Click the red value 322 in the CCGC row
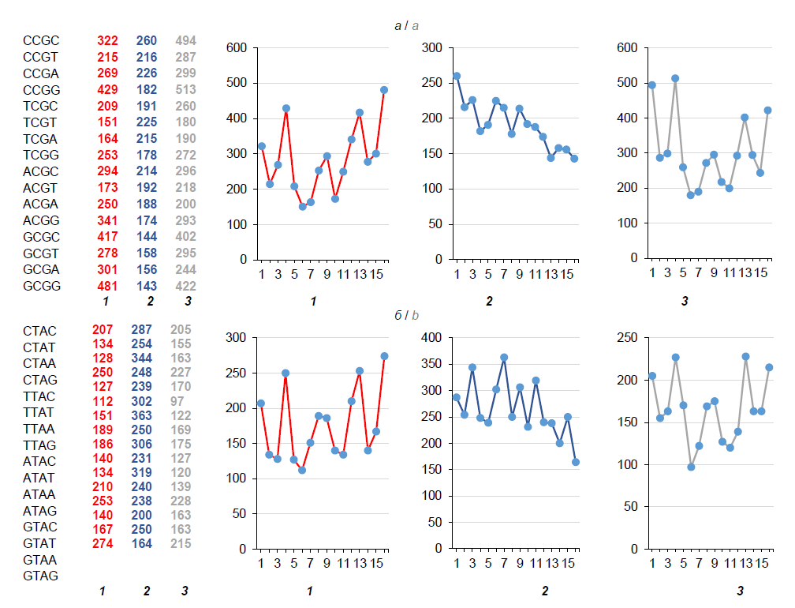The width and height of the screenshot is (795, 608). [x=107, y=40]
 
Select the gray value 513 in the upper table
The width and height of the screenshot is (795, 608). [x=185, y=89]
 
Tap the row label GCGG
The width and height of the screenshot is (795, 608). [x=41, y=286]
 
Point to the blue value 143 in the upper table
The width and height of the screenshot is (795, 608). [x=146, y=286]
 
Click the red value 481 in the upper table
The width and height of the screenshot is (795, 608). [x=107, y=286]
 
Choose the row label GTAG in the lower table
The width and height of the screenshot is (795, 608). [x=41, y=576]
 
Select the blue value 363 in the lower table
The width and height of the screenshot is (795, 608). [x=146, y=411]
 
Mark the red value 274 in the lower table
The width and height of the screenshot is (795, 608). [x=103, y=543]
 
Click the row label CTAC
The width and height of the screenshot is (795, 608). [x=39, y=329]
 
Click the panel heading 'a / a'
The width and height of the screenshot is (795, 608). [x=407, y=26]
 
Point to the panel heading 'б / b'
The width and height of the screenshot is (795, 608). [x=407, y=316]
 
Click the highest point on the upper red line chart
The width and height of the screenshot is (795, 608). [x=384, y=90]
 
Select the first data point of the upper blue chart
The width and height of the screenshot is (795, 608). [x=457, y=76]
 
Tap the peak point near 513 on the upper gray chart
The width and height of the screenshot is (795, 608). [x=675, y=78]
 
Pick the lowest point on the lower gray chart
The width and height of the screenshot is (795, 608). [x=691, y=467]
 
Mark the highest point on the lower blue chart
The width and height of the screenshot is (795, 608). [x=504, y=357]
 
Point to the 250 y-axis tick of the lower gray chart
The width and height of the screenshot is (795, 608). [x=633, y=337]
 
